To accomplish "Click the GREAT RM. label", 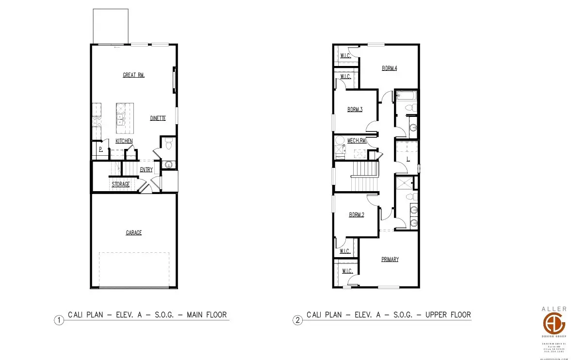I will pos(134,75).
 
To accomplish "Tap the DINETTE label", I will pos(158,118).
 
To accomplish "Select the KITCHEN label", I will pos(124,141).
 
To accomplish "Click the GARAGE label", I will pos(134,233).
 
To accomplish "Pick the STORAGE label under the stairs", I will pos(121,184).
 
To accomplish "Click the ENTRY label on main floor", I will pos(146,169).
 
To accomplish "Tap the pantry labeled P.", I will pos(100,149).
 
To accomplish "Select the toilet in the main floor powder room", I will pos(169,144).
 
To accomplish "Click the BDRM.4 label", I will pos(389,68).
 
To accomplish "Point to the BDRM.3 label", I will pos(355,110).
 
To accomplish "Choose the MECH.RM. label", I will pos(356,141).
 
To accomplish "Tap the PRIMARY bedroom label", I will pos(390,260).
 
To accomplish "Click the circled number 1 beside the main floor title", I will pos(59,320).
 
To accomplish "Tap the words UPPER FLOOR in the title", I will pos(448,315).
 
